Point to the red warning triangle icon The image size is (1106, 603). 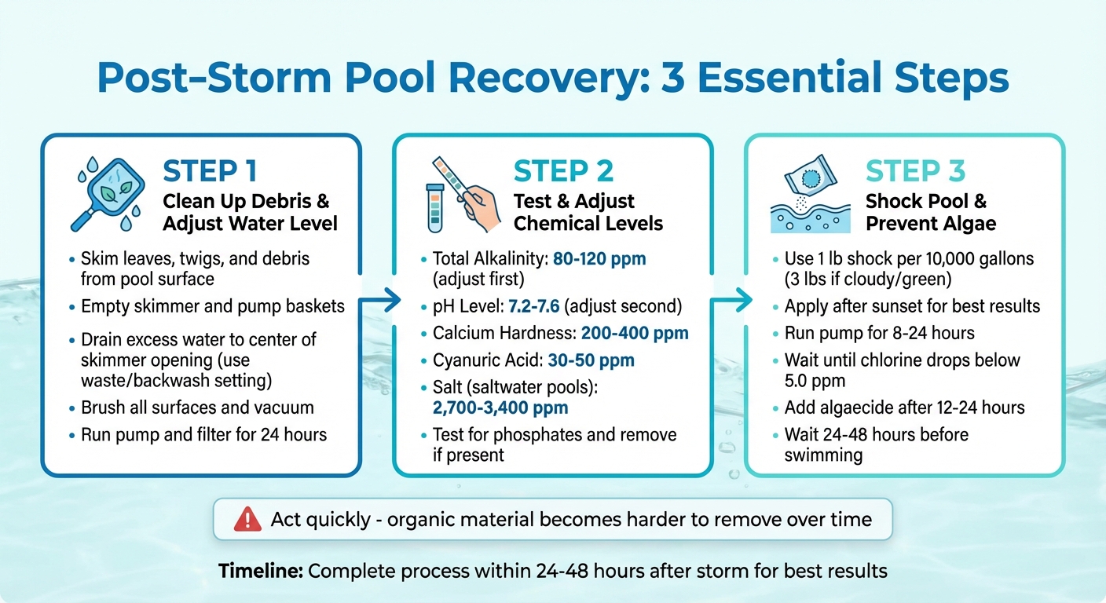[247, 519]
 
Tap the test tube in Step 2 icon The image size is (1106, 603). [434, 208]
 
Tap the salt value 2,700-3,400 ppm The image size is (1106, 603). [500, 407]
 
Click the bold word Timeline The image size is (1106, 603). [260, 570]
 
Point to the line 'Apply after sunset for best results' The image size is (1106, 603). [912, 306]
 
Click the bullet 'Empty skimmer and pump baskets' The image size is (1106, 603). [213, 305]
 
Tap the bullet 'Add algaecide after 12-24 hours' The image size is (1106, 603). [904, 407]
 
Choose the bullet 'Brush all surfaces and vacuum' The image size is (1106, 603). [197, 407]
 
